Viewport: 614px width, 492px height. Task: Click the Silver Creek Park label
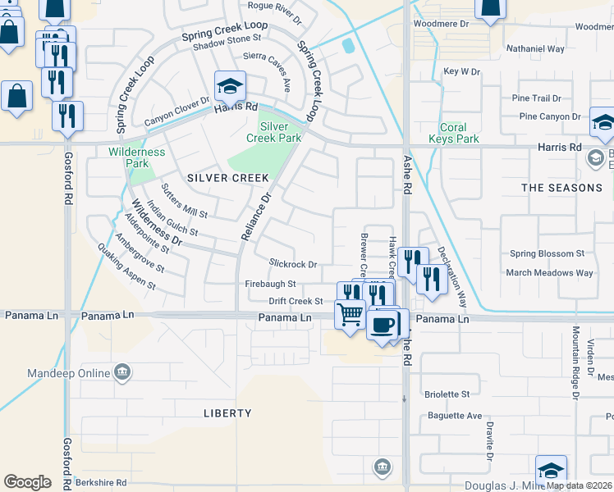pyautogui.click(x=274, y=132)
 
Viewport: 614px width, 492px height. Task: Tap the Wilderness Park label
pyautogui.click(x=136, y=157)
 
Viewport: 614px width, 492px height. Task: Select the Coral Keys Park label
pyautogui.click(x=453, y=133)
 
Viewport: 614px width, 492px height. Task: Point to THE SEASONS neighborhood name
pyautogui.click(x=561, y=188)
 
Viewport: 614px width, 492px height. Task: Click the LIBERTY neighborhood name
pyautogui.click(x=227, y=413)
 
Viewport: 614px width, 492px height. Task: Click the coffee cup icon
pyautogui.click(x=382, y=325)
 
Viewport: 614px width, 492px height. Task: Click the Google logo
pyautogui.click(x=27, y=481)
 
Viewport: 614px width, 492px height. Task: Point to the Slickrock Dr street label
pyautogui.click(x=293, y=264)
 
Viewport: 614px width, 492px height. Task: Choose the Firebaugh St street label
pyautogui.click(x=270, y=284)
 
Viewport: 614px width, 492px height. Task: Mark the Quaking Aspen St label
pyautogui.click(x=126, y=266)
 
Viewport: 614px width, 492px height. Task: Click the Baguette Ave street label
pyautogui.click(x=454, y=416)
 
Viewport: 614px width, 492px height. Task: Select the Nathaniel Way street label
pyautogui.click(x=536, y=49)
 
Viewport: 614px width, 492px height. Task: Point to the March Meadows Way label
pyautogui.click(x=549, y=273)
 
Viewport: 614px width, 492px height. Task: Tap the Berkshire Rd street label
pyautogui.click(x=100, y=483)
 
